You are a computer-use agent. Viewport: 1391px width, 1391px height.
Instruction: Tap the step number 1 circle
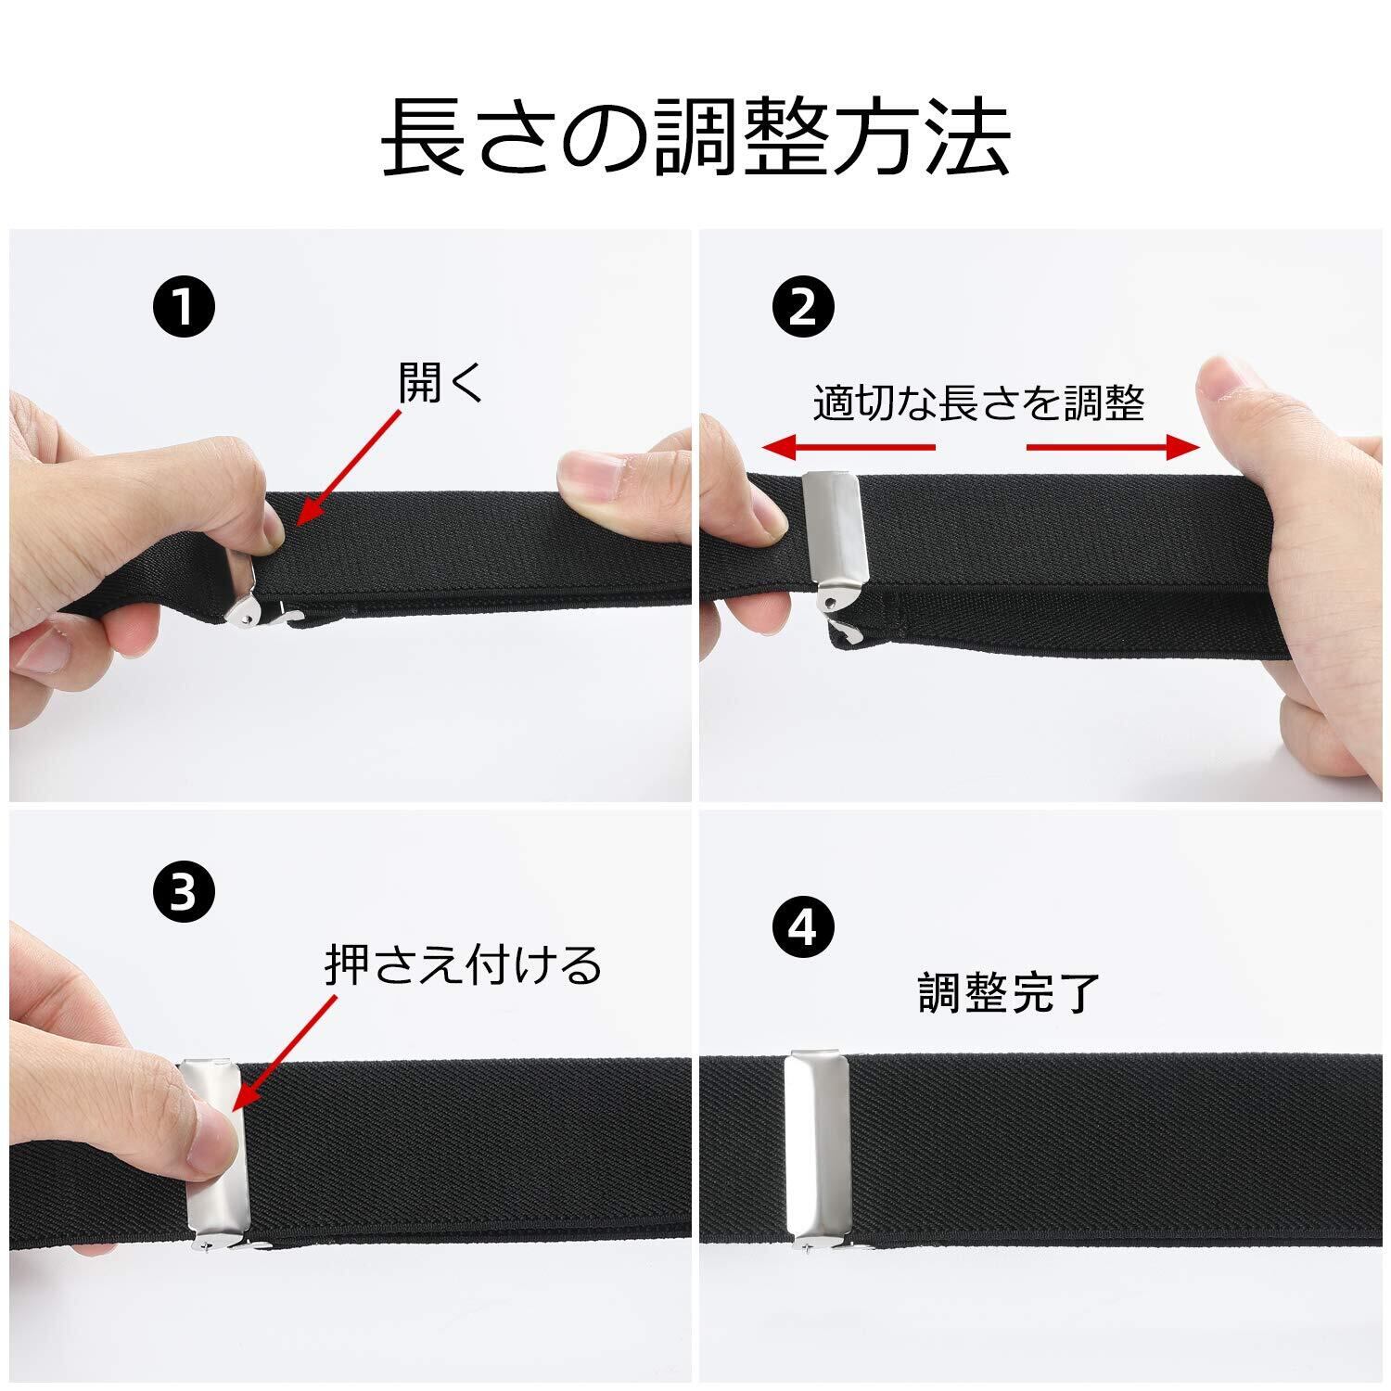click(x=185, y=306)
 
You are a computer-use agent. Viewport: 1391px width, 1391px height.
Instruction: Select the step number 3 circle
click(x=185, y=893)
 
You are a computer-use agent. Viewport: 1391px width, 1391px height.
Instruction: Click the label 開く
click(x=441, y=382)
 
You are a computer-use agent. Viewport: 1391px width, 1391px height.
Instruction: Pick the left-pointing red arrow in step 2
click(x=849, y=448)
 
